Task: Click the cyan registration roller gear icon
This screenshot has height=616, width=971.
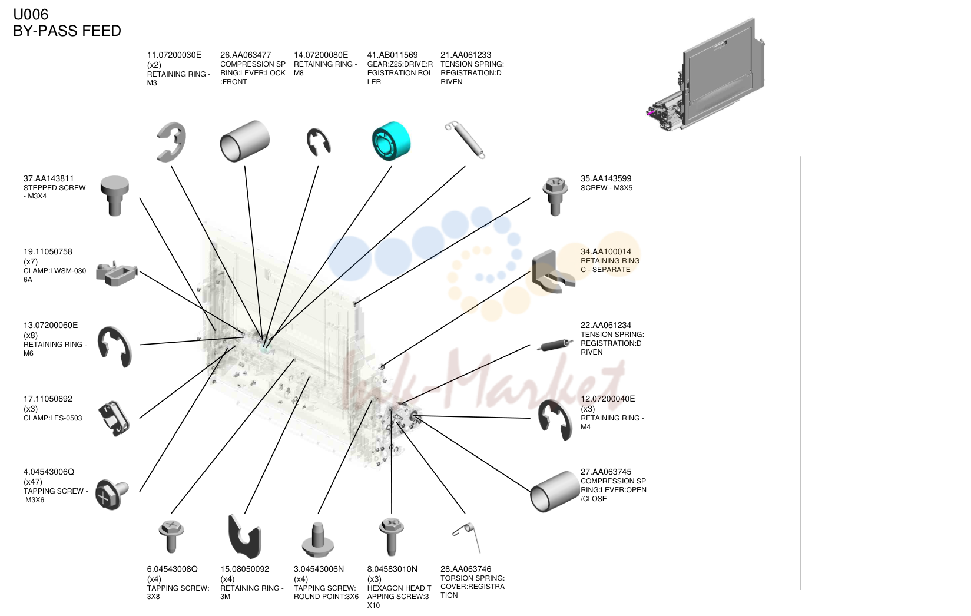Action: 391,141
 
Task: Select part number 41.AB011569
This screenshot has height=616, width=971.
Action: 392,55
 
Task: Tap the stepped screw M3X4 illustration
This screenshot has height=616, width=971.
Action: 115,196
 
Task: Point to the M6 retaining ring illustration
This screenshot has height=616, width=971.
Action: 114,347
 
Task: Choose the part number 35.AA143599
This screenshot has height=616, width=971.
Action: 605,178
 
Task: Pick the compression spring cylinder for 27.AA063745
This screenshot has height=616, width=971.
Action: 555,491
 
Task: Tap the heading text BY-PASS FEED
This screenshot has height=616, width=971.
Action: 67,31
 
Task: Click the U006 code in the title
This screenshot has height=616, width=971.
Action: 31,14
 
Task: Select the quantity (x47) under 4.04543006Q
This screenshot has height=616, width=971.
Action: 33,482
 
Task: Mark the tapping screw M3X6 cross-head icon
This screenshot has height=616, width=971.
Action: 112,495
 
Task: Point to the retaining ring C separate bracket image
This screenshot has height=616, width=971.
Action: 553,271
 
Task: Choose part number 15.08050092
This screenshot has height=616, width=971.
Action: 244,569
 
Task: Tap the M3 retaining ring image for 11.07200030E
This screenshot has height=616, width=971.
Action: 172,142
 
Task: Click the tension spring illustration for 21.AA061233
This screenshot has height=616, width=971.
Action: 465,140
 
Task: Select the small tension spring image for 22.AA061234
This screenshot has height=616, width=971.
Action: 555,345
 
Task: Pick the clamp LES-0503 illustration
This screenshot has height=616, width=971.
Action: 114,418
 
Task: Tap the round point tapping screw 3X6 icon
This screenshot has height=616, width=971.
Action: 318,539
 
